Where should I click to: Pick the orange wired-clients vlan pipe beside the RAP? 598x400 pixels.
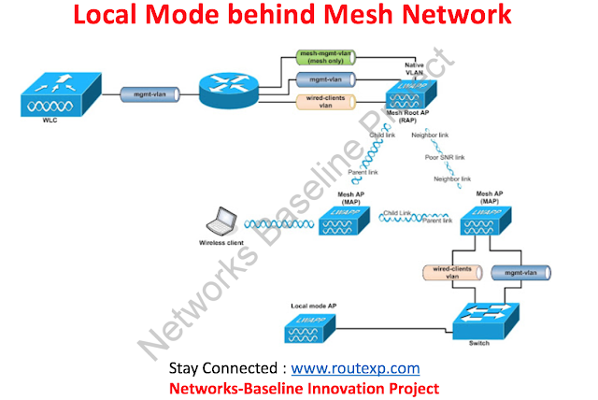(320, 101)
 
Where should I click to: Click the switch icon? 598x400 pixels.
(483, 321)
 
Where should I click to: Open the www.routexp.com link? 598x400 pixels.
(355, 368)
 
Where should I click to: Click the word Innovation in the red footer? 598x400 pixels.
(349, 388)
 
